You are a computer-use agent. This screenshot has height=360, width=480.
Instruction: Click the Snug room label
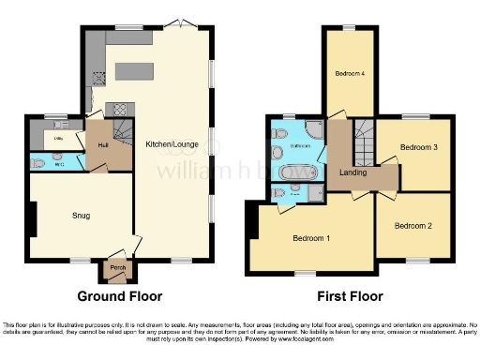coord(82,215)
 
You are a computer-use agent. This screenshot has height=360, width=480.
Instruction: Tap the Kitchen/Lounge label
coord(171,144)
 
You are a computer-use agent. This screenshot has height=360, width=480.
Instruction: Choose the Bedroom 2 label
coord(412,226)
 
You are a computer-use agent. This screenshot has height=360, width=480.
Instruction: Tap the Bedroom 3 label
coord(417,148)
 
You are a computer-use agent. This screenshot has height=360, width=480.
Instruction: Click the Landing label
coord(353,172)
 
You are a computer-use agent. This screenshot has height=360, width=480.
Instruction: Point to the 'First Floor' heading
coord(348,296)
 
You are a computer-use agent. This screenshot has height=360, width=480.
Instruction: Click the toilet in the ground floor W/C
coord(38,162)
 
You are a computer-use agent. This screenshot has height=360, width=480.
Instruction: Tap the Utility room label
coord(57,139)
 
